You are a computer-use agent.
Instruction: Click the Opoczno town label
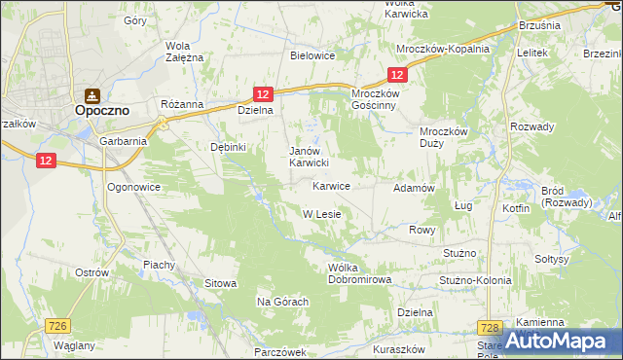103,112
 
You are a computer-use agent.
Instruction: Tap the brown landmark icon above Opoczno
92,95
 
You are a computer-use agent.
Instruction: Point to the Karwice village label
331,186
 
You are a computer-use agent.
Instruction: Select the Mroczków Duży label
444,138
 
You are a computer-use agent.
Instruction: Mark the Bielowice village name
312,55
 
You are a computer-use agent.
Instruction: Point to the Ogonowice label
133,186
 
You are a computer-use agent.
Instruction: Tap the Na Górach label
282,303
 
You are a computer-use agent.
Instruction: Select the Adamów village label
413,187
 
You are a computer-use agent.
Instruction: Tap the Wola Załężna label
184,52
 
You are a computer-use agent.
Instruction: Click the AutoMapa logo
563,341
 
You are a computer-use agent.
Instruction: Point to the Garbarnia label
123,140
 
